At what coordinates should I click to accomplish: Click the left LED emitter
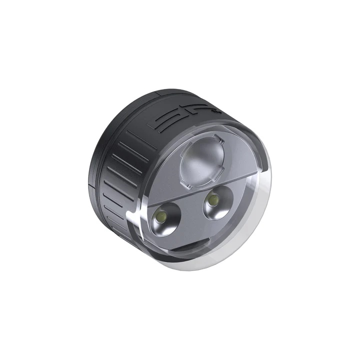(161, 217)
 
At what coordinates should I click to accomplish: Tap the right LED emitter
(213, 200)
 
